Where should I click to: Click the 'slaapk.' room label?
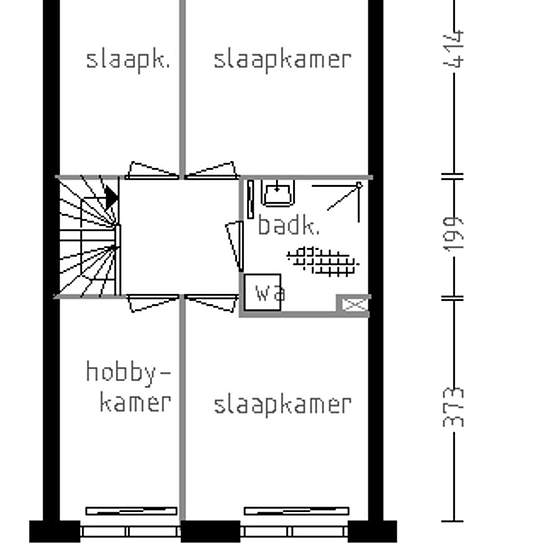128,59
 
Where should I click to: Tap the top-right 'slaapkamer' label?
282,59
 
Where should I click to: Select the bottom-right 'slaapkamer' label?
282,405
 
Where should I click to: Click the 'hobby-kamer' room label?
128,388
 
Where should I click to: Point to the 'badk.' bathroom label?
289,226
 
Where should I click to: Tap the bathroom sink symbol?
277,190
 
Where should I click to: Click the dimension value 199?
456,236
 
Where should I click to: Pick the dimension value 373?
456,407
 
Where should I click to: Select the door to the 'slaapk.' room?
152,170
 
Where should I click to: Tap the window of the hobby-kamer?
131,513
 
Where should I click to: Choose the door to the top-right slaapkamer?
210,170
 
